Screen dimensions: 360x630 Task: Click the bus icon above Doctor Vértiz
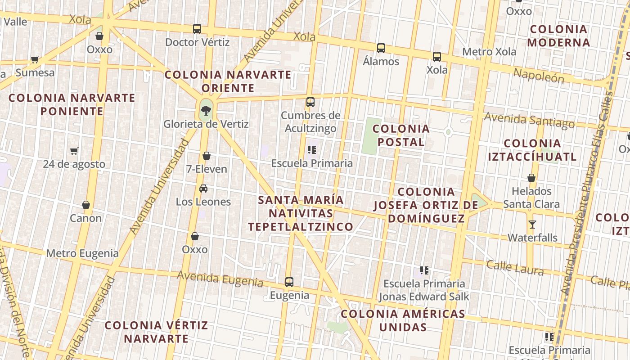tap(197, 29)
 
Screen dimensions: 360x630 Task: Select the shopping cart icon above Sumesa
tap(35, 59)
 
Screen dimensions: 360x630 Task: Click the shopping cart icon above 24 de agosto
tap(74, 151)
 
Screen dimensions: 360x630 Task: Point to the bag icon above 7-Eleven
tap(207, 156)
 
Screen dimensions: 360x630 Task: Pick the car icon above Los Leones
tap(203, 188)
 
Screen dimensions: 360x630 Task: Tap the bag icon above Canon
tap(86, 205)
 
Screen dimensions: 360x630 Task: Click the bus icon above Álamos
tap(381, 48)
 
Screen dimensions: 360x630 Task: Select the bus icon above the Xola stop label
tap(437, 57)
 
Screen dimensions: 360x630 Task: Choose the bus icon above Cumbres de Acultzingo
tap(310, 102)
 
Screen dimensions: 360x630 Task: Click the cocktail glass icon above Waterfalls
tap(532, 224)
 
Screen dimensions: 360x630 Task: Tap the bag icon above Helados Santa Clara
tap(531, 178)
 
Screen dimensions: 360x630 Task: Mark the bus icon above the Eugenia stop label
tap(289, 282)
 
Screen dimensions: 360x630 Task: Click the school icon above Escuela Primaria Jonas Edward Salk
tap(424, 270)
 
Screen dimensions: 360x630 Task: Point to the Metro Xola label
tap(489, 52)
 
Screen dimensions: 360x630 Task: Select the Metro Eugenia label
tap(82, 253)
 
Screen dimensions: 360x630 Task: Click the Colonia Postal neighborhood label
tap(401, 135)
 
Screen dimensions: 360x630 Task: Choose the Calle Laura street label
tap(515, 268)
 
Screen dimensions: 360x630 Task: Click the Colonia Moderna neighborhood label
tap(558, 36)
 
